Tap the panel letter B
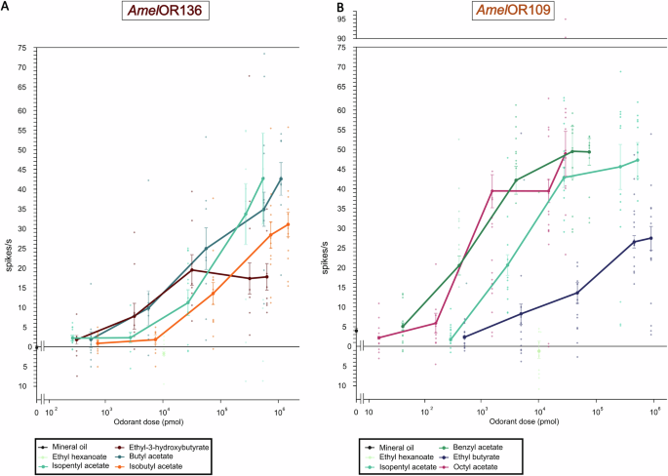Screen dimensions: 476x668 click(340, 8)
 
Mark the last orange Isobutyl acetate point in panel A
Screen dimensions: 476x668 click(288, 224)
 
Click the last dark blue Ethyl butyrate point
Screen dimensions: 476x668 click(650, 238)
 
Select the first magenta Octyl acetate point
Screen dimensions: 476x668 click(379, 337)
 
